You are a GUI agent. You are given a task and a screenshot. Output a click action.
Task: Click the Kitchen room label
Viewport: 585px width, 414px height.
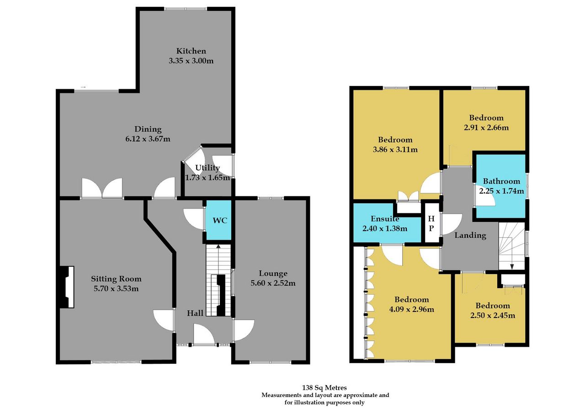click(x=191, y=51)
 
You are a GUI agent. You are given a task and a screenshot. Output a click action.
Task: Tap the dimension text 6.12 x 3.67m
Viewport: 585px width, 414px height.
click(x=148, y=139)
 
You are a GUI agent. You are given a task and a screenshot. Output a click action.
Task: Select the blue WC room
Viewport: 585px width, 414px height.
click(x=218, y=220)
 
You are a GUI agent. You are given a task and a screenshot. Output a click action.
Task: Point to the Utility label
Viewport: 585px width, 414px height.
click(x=207, y=167)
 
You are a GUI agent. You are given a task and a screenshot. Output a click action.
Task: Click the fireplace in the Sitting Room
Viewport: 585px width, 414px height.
click(x=67, y=287)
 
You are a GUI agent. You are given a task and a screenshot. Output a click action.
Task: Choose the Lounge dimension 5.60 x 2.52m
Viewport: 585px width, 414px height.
click(x=273, y=283)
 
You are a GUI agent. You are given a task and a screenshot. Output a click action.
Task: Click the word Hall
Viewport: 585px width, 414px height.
click(x=195, y=313)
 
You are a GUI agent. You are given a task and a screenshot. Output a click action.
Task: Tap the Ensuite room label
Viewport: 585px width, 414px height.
click(x=385, y=219)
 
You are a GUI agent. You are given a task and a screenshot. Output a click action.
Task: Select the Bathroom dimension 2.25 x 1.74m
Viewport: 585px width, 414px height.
click(x=501, y=191)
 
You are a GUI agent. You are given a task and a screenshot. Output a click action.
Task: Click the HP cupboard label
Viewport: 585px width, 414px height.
click(x=431, y=223)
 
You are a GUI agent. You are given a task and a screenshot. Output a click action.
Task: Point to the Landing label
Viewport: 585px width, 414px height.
click(x=470, y=235)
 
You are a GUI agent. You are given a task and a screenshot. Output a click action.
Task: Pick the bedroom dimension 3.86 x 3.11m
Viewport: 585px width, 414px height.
click(x=395, y=150)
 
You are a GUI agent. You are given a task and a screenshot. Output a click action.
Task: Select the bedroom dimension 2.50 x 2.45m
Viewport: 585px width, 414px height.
click(x=493, y=316)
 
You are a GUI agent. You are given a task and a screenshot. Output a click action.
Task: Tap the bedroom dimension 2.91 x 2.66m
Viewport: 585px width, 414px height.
click(x=486, y=128)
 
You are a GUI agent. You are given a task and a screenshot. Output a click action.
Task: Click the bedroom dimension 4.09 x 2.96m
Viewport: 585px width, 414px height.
click(x=412, y=309)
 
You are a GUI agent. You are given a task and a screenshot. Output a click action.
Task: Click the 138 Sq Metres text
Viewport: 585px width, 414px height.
click(x=324, y=387)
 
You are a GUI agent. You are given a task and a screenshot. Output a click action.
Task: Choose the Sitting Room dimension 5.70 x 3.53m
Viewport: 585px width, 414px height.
click(x=116, y=289)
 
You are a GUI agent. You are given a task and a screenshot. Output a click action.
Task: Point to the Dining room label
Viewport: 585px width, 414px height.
click(x=148, y=129)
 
